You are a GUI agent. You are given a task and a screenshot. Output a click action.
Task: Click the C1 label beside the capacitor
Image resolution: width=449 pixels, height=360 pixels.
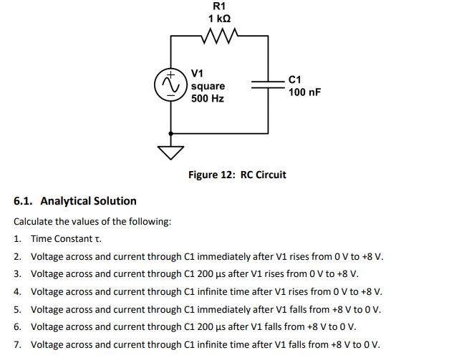pos(295,79)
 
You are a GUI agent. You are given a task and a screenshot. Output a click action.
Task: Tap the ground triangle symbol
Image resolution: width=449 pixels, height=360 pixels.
pos(170,152)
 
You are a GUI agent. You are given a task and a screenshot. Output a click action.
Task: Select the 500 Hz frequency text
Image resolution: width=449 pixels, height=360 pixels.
pos(208,98)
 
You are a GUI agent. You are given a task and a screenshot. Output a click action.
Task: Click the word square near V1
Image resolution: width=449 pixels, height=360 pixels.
pos(208,86)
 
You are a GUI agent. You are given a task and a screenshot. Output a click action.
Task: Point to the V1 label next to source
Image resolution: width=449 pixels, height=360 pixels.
pos(198,73)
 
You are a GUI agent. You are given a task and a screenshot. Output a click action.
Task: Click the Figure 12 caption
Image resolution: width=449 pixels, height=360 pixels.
pos(236,175)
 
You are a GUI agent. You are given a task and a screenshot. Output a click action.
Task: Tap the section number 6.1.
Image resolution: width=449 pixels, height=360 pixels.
pos(25,200)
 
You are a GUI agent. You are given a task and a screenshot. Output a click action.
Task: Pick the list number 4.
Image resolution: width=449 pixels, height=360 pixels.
pos(17,291)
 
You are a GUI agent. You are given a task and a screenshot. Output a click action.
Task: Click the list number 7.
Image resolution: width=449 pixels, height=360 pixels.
pos(17,344)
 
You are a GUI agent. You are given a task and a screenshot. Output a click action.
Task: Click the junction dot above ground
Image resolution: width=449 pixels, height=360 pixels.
pos(170,132)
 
